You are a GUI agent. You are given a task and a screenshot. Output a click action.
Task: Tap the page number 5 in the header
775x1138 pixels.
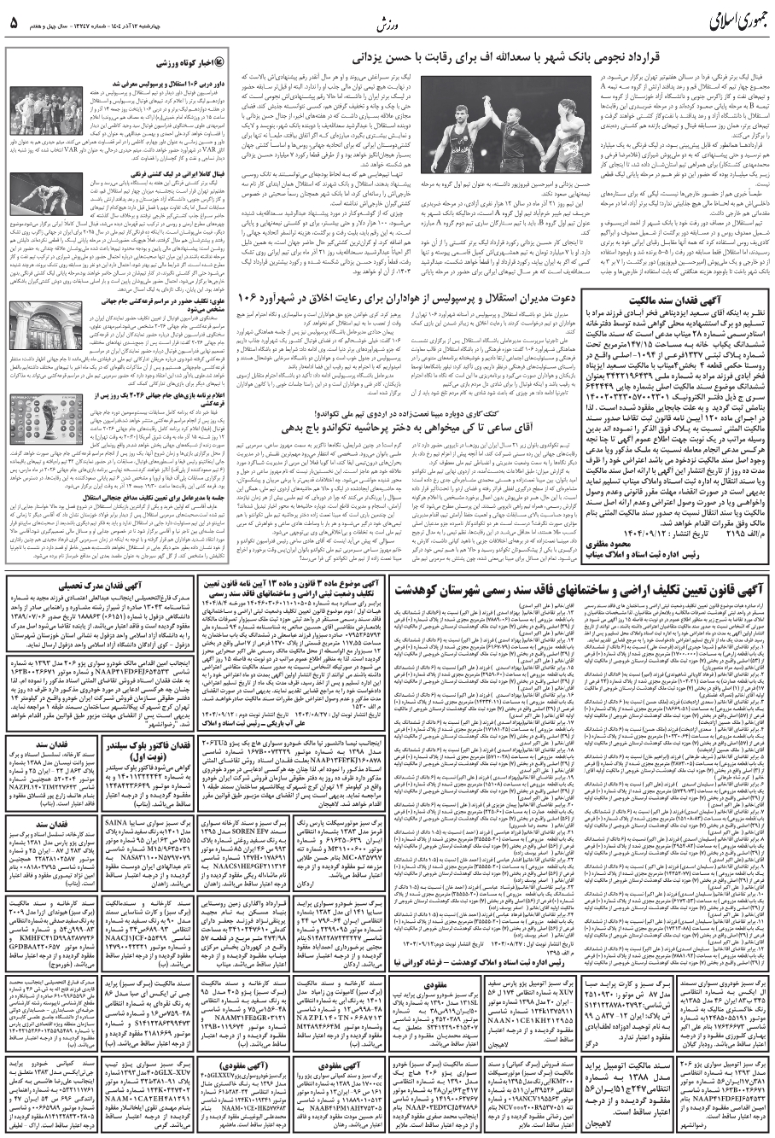14,22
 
